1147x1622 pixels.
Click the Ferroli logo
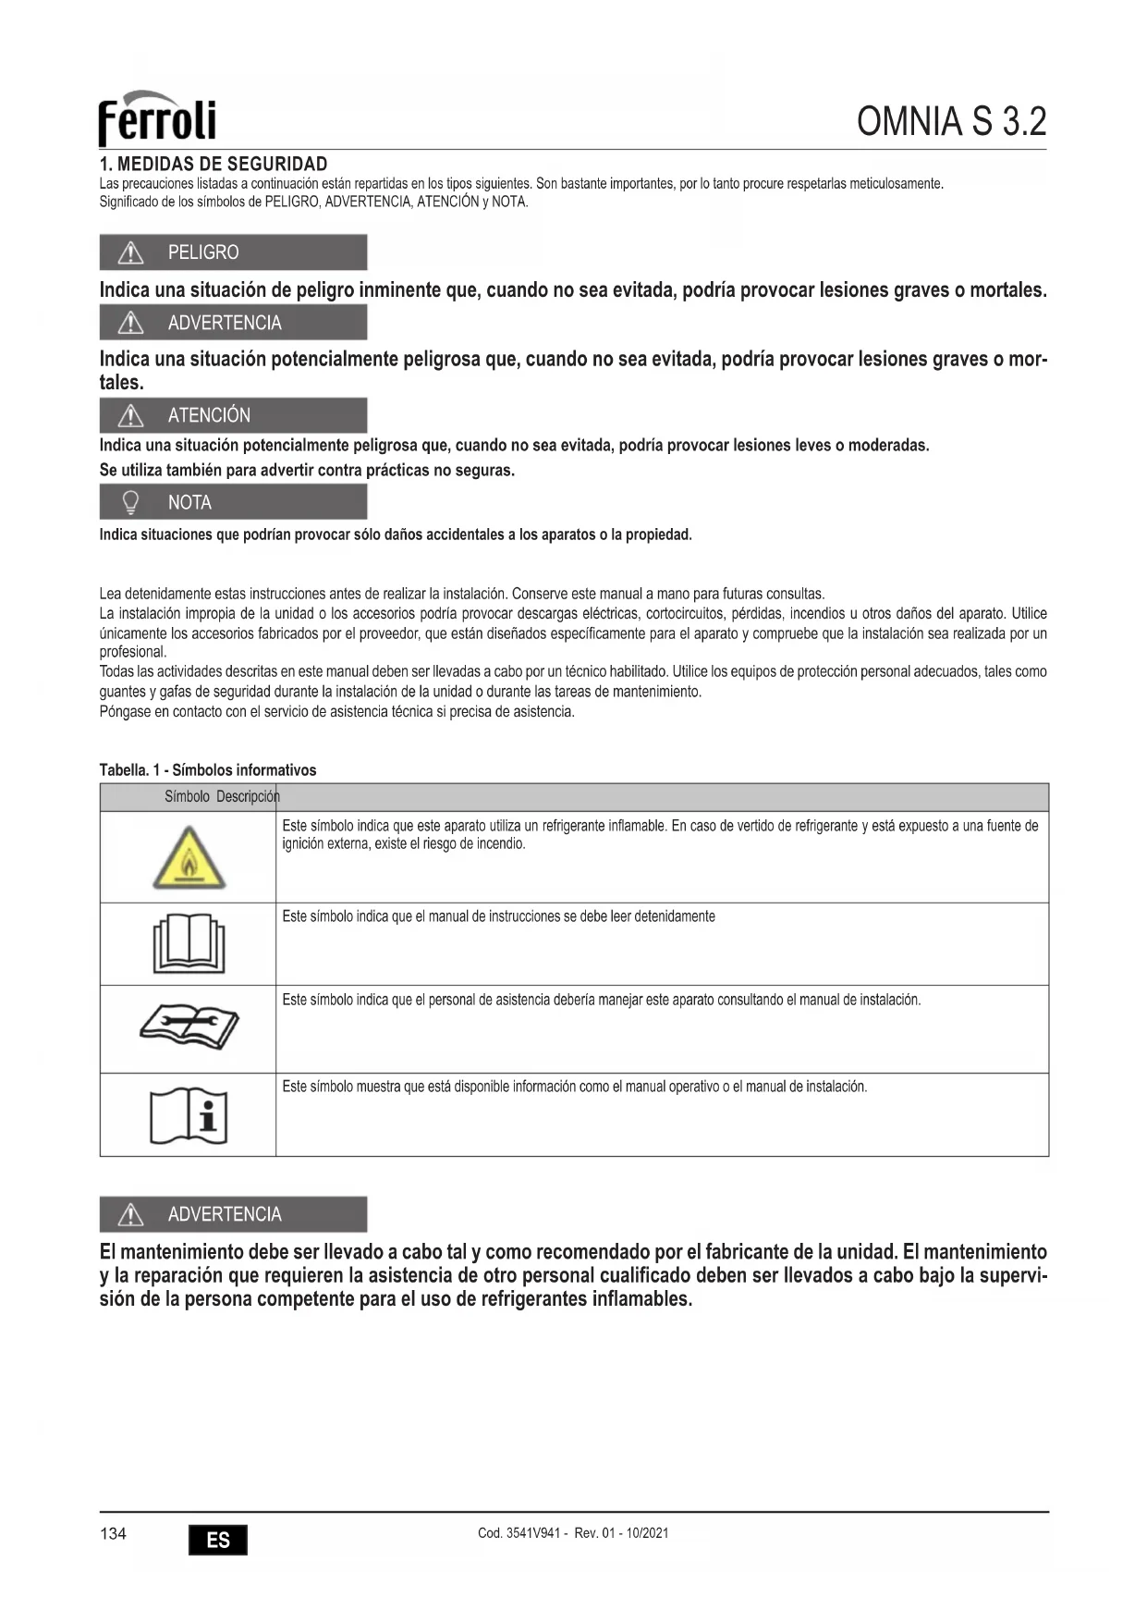tap(157, 118)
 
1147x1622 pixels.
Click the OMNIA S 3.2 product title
tap(951, 121)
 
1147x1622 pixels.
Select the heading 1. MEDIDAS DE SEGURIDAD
tap(214, 165)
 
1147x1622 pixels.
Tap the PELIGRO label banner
tap(233, 252)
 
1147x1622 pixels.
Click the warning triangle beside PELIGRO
tap(131, 252)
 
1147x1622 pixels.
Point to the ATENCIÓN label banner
tap(233, 415)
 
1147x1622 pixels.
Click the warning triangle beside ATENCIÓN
tap(131, 415)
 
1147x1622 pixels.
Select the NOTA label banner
tap(233, 502)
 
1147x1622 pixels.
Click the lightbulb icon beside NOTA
tap(131, 502)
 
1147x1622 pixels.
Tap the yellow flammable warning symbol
tap(189, 859)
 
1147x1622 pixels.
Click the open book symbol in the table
tap(189, 943)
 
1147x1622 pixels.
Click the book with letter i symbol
tap(189, 1115)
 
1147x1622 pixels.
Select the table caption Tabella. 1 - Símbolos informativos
tap(208, 770)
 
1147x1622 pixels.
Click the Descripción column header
tap(248, 796)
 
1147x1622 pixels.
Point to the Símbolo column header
tap(187, 796)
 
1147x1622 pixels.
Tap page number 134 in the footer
tap(113, 1534)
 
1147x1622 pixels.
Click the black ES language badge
tap(218, 1540)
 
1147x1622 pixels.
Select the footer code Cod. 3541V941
tap(520, 1533)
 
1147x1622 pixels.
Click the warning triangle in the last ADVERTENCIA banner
tap(131, 1214)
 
